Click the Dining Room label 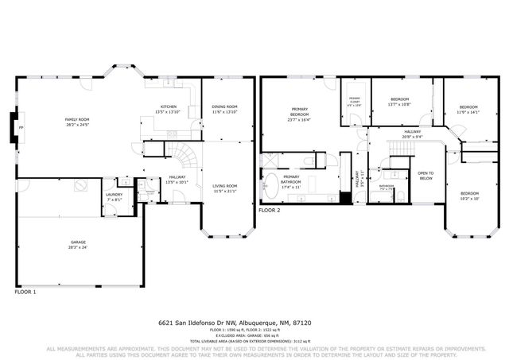point(224,109)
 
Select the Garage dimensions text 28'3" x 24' point(78,247)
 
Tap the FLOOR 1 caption point(25,292)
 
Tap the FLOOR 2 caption point(270,210)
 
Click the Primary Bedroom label point(299,112)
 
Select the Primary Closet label point(355,100)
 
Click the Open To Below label point(425,176)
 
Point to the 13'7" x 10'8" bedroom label point(398,101)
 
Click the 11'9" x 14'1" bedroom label point(468,110)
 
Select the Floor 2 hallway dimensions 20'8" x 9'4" point(412,136)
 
